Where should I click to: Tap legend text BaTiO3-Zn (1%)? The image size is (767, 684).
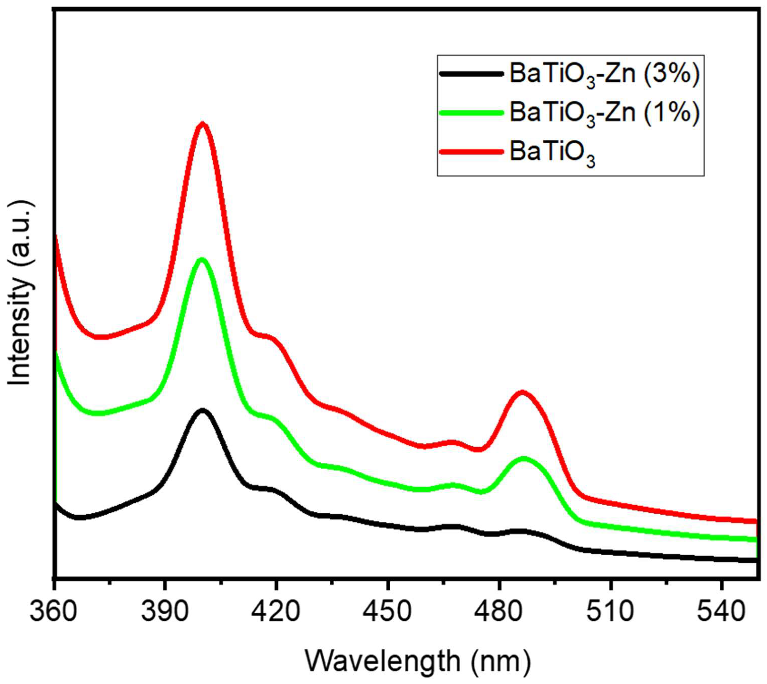click(604, 113)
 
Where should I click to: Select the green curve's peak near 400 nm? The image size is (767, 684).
click(202, 260)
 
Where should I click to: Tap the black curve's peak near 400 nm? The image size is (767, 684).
click(203, 411)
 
